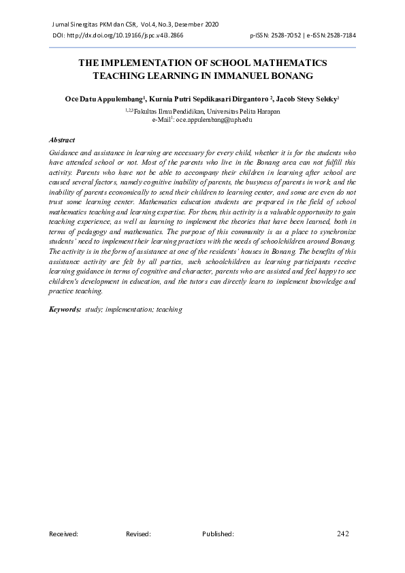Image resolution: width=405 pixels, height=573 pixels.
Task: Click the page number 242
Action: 342,534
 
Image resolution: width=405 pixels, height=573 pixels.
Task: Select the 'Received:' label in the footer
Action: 63,535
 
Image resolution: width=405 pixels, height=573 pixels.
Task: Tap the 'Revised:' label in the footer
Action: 138,535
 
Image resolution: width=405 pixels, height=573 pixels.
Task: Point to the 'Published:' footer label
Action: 218,535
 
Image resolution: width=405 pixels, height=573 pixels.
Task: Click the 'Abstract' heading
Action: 63,138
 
